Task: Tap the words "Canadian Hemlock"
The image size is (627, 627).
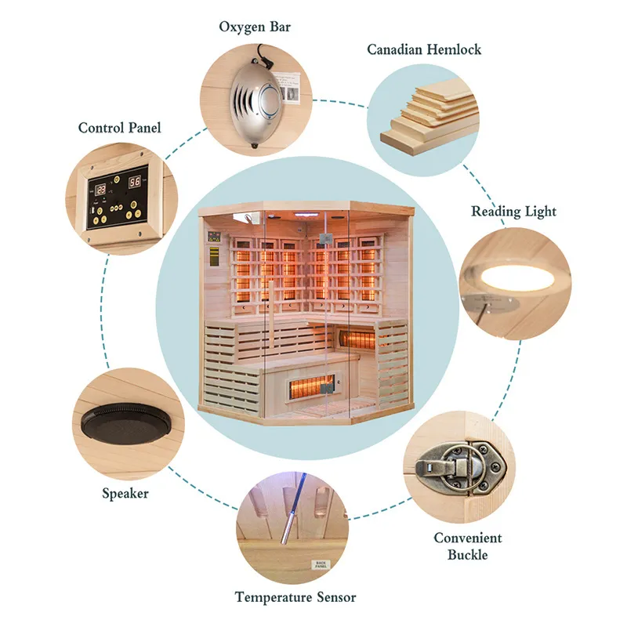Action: point(424,49)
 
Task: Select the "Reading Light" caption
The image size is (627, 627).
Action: point(513,212)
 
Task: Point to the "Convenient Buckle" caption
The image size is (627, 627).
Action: point(468,546)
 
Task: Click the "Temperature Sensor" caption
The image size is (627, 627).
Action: point(295,597)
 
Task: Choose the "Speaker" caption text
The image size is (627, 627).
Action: point(125,494)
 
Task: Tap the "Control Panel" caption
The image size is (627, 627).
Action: point(119,127)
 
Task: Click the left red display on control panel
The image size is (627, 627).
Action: point(101,189)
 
